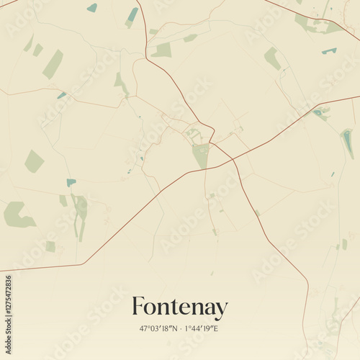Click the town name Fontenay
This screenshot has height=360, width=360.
[x=179, y=308]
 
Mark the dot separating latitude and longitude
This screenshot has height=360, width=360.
[x=181, y=329]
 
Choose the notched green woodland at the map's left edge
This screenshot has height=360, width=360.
[x=17, y=215]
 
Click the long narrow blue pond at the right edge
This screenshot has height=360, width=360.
[x=348, y=143]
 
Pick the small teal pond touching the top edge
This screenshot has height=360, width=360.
[x=92, y=8]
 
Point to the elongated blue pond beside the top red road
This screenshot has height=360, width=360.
[x=132, y=16]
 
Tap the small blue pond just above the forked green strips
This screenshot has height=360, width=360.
[x=71, y=182]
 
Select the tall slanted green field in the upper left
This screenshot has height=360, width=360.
[x=53, y=64]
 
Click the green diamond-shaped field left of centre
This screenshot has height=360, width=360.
[x=34, y=161]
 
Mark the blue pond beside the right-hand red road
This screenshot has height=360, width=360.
[x=319, y=113]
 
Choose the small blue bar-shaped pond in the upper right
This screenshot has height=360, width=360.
[x=329, y=50]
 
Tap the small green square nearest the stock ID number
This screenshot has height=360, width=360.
[x=50, y=246]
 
